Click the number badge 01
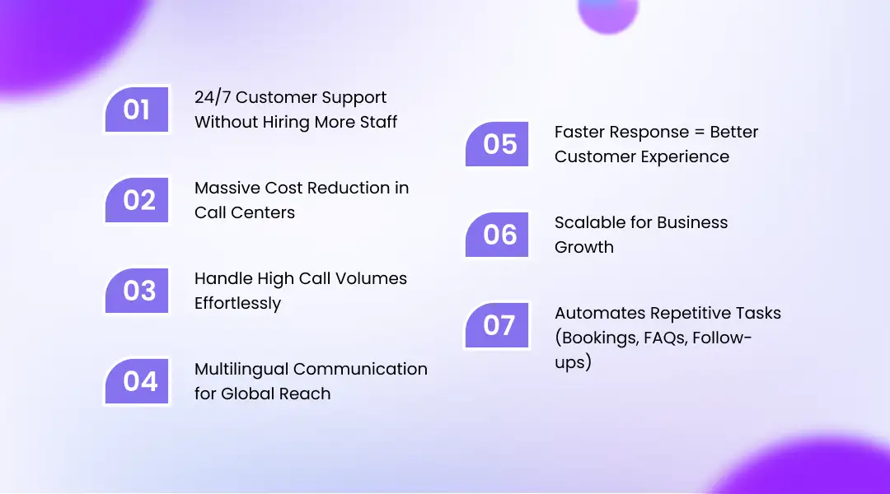[137, 110]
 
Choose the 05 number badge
[497, 144]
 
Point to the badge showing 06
[497, 235]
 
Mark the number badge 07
[497, 325]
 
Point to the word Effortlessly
[237, 303]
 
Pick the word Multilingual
[241, 369]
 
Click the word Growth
[583, 247]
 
